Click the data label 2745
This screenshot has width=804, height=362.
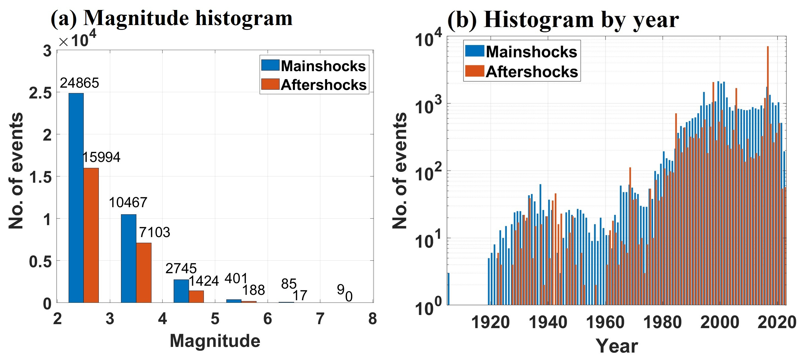point(181,268)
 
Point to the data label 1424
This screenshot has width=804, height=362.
point(204,281)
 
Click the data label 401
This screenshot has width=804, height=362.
point(236,278)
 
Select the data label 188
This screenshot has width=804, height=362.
point(253,290)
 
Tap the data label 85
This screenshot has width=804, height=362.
point(289,284)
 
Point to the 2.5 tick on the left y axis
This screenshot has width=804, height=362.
point(41,93)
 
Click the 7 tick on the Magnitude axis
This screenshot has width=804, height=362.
point(320,319)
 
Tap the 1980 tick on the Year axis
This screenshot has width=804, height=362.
point(662,322)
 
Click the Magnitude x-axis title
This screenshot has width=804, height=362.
point(215,341)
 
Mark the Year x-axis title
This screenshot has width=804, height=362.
point(616,346)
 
